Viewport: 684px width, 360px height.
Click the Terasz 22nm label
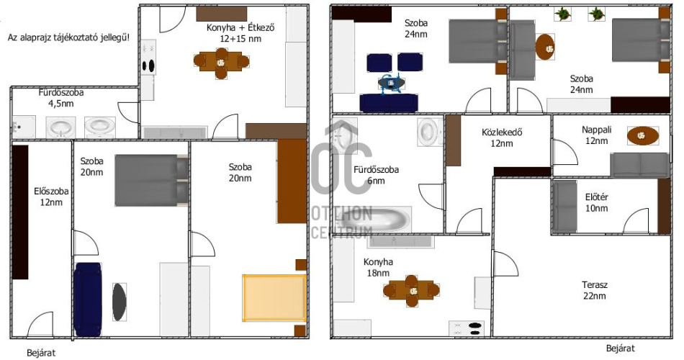(594, 290)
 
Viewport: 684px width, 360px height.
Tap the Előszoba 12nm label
(51, 197)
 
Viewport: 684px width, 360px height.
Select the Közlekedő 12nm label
(502, 138)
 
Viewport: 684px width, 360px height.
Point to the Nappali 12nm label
(596, 135)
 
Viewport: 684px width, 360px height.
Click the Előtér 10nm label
(596, 202)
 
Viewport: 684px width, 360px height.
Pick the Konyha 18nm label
(378, 267)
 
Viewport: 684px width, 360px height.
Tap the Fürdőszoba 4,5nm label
(61, 98)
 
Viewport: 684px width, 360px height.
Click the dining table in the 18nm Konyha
(411, 291)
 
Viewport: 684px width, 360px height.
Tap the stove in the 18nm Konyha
(467, 328)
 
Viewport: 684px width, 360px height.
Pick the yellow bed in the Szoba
(274, 298)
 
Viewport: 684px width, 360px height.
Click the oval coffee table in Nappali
(642, 135)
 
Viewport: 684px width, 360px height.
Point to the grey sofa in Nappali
(639, 165)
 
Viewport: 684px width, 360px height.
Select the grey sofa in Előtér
(564, 207)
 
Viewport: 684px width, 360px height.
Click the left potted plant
(563, 14)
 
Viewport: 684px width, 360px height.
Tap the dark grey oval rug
(119, 302)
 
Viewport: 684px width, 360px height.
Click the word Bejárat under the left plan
(41, 353)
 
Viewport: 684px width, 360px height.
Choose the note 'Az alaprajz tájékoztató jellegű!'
(68, 37)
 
